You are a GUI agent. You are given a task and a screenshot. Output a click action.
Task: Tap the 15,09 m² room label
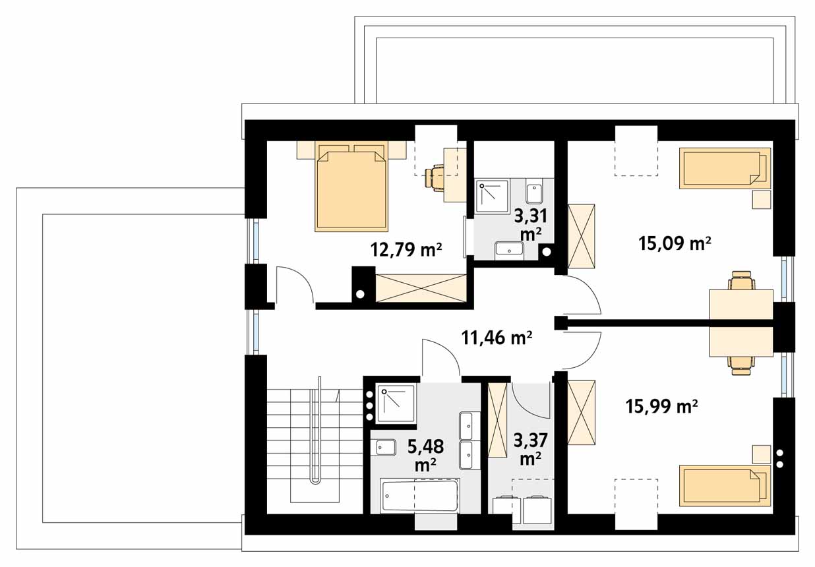tap(675, 243)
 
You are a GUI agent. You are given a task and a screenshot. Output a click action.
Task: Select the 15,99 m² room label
tap(662, 406)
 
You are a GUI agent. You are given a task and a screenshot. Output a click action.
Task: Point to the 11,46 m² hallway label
tap(497, 338)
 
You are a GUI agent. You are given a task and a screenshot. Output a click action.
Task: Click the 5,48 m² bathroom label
tap(425, 456)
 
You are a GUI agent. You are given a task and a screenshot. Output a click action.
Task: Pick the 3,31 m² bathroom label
tap(531, 225)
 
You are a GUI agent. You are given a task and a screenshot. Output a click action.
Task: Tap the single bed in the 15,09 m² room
tap(725, 168)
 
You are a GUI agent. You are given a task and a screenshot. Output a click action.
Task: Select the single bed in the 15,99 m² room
tap(725, 485)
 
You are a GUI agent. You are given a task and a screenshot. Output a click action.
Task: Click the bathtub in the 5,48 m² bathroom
tap(419, 496)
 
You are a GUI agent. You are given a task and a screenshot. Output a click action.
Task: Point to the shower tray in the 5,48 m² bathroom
tap(396, 403)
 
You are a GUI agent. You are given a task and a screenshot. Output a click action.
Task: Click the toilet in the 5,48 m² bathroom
tap(385, 448)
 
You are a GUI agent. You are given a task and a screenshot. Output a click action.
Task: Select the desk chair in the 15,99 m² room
tap(742, 366)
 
